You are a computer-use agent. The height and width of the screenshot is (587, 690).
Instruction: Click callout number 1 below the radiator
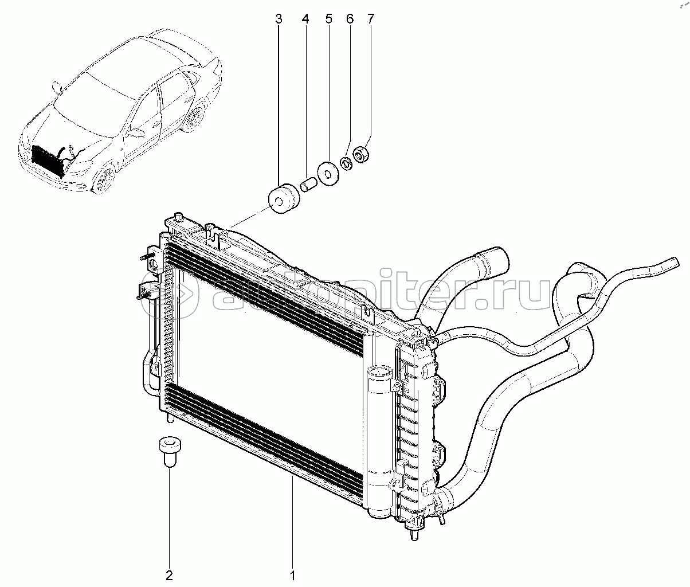[x=293, y=576]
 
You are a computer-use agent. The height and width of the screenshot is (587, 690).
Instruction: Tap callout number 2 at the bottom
[x=169, y=576]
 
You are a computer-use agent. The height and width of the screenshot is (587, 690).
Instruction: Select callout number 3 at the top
[x=279, y=19]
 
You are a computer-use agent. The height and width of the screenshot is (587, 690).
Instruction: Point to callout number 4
[x=305, y=19]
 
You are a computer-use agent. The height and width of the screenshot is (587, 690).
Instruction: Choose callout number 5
[x=329, y=19]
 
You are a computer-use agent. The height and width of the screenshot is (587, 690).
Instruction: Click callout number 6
[x=350, y=19]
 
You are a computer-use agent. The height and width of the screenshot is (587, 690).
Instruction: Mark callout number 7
[x=371, y=19]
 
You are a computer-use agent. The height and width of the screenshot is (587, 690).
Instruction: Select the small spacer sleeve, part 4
[x=308, y=185]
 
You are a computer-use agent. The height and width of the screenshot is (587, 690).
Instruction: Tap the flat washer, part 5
[x=327, y=174]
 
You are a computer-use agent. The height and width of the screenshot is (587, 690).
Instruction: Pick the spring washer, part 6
[x=346, y=163]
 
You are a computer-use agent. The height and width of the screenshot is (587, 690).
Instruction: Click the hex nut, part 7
[x=361, y=154]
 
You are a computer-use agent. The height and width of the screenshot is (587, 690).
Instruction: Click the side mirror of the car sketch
[x=138, y=133]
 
